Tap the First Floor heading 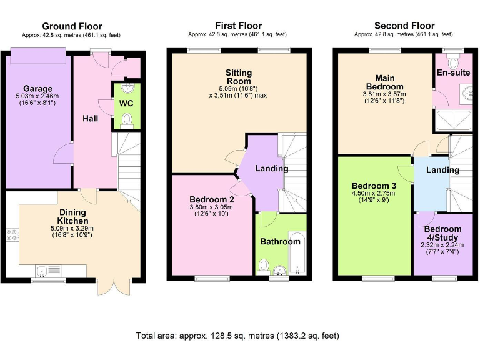(x=237, y=26)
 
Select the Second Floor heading (x=404, y=26)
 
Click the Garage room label (x=38, y=88)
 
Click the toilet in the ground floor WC (x=127, y=118)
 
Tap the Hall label (x=91, y=118)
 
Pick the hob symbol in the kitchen (x=12, y=236)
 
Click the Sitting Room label (x=238, y=76)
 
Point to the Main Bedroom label (x=384, y=82)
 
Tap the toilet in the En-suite (x=454, y=62)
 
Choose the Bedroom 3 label (x=374, y=186)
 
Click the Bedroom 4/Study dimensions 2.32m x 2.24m (x=442, y=246)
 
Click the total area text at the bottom (x=237, y=336)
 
